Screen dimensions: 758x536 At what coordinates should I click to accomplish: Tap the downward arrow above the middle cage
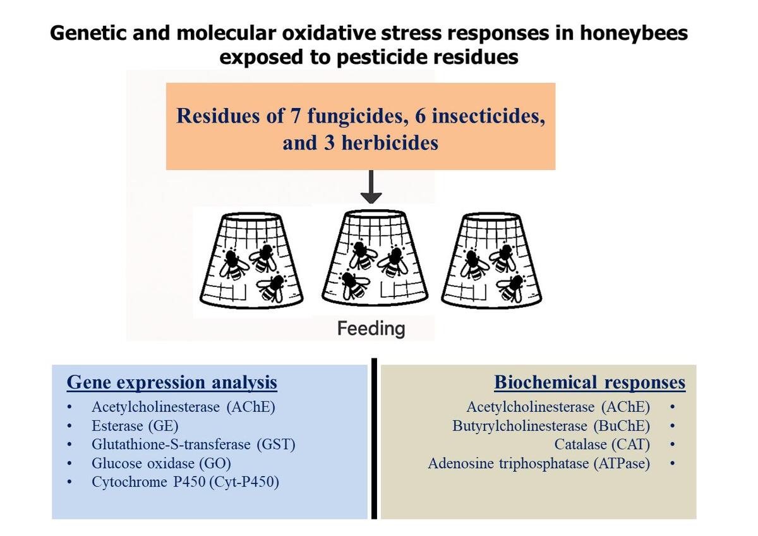371,186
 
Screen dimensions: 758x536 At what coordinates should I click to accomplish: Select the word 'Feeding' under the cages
371,329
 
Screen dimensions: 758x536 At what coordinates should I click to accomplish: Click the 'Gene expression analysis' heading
172,382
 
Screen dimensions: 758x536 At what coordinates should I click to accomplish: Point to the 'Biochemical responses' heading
590,382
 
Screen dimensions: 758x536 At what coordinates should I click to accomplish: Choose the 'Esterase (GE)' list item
135,425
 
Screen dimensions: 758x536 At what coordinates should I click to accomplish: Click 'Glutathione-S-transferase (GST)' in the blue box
193,444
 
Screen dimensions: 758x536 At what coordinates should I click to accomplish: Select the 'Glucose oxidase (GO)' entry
162,463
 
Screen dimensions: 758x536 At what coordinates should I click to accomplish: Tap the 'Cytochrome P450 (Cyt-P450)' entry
186,482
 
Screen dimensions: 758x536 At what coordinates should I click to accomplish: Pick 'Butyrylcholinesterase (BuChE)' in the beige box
551,425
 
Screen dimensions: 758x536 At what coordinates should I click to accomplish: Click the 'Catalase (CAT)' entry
602,444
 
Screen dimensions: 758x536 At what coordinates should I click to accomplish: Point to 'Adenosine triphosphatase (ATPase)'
539,463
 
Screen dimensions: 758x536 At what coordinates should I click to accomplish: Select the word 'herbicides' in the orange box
390,143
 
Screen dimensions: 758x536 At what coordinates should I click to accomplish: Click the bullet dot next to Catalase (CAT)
672,444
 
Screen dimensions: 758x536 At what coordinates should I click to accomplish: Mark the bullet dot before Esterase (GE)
69,425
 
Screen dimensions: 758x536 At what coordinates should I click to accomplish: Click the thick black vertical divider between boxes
374,439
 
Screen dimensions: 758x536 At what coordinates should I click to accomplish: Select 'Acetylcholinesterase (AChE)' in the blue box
183,406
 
